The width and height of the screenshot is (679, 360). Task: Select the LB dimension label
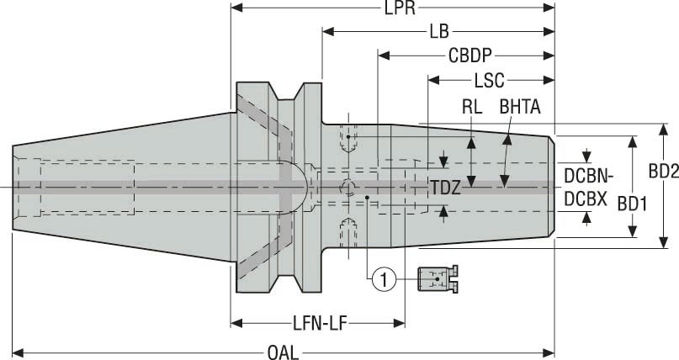tap(438, 32)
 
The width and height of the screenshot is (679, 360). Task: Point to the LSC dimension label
tap(489, 81)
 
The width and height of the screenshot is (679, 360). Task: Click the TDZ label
tap(446, 188)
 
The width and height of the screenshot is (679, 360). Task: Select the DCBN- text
tap(589, 177)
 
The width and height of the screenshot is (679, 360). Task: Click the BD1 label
tap(633, 204)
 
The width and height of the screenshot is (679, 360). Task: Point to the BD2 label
tap(663, 170)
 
